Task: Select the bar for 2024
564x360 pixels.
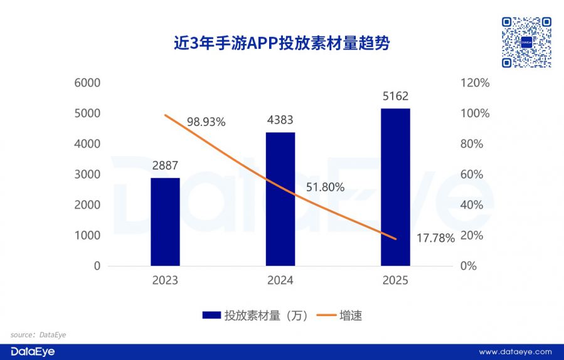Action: [280, 199]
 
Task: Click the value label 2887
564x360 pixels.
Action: [165, 166]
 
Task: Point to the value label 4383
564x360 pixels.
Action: [280, 120]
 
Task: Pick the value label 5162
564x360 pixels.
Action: [395, 97]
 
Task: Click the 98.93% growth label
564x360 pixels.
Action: [205, 122]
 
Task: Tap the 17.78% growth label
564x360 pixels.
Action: [435, 238]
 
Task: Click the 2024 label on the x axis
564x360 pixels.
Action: [280, 280]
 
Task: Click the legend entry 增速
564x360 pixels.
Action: [338, 315]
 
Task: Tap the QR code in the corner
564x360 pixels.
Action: [526, 42]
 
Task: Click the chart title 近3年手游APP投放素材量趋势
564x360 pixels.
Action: [282, 43]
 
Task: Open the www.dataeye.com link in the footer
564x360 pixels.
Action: [515, 352]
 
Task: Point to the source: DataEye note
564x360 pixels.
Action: [38, 335]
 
